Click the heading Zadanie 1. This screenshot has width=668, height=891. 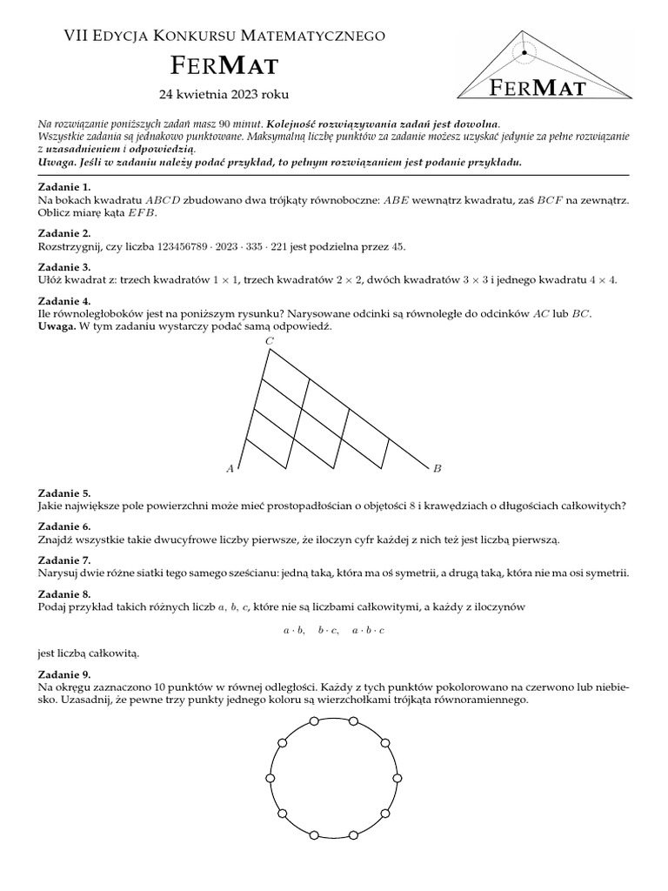pos(65,187)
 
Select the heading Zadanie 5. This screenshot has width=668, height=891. pos(65,492)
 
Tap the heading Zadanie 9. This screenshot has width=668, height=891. pos(65,674)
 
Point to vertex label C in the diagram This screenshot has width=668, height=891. pos(270,342)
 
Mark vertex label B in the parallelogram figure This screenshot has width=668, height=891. pos(438,469)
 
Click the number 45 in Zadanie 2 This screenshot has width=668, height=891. pos(398,246)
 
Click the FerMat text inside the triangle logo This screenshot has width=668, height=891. pos(537,86)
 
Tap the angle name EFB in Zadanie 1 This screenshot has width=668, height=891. pos(143,212)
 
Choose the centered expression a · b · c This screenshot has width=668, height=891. pos(368,629)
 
